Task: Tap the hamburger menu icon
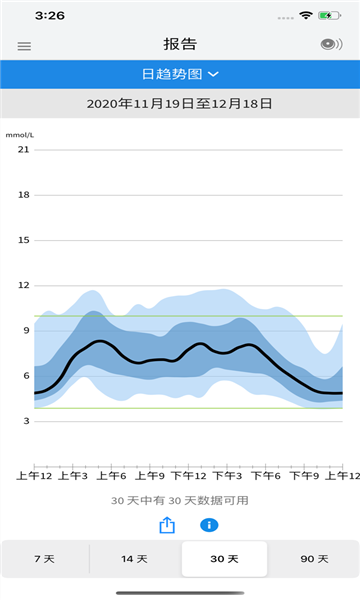(24, 46)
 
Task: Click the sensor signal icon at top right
(331, 44)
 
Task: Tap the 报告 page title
(180, 44)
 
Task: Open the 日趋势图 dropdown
(180, 74)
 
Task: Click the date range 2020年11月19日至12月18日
(179, 104)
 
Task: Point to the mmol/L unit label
(20, 135)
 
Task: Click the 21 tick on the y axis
(23, 150)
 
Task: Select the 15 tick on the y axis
(23, 240)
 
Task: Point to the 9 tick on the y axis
(26, 331)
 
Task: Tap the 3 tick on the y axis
(26, 421)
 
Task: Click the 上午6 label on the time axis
(111, 476)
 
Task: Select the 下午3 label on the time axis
(227, 476)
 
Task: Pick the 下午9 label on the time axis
(304, 476)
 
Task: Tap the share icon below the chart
(167, 525)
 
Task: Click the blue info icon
(209, 525)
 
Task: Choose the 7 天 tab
(44, 559)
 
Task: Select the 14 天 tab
(134, 559)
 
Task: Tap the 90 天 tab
(314, 559)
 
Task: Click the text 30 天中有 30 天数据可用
(180, 501)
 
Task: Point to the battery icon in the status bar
(329, 16)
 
